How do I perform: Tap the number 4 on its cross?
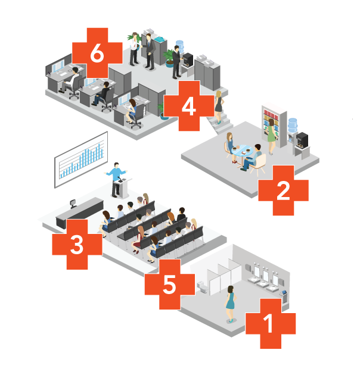[188, 106]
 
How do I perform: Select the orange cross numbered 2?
[283, 190]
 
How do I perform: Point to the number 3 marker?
[77, 245]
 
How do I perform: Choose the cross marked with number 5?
[170, 285]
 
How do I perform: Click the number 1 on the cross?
[268, 323]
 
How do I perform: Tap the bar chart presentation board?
[81, 160]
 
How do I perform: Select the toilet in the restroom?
[203, 287]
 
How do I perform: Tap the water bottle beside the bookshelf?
[293, 125]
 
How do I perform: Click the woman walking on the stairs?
[219, 107]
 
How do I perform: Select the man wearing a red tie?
[134, 49]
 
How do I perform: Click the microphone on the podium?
[120, 179]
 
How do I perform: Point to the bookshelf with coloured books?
[274, 126]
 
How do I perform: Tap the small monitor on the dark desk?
[73, 204]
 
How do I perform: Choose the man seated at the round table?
[252, 158]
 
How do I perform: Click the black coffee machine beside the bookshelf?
[302, 140]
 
